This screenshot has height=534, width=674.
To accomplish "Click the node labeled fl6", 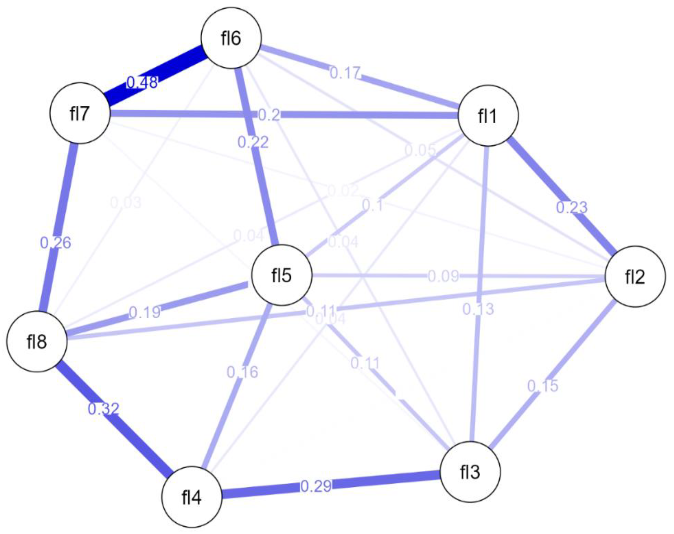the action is pyautogui.click(x=231, y=38).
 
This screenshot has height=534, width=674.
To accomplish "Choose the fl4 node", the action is pyautogui.click(x=192, y=497).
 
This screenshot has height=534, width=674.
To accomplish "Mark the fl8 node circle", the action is pyautogui.click(x=37, y=341).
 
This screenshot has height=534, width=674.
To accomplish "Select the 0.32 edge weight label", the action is pyautogui.click(x=103, y=409).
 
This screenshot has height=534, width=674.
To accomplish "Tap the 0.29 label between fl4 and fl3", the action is pyautogui.click(x=316, y=486).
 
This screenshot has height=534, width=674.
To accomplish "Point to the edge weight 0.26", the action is pyautogui.click(x=56, y=243).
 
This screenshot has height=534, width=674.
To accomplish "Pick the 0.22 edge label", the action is pyautogui.click(x=253, y=142).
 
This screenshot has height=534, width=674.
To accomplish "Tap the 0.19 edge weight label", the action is pyautogui.click(x=145, y=312).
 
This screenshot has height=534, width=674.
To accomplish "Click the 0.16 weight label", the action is pyautogui.click(x=242, y=372).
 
